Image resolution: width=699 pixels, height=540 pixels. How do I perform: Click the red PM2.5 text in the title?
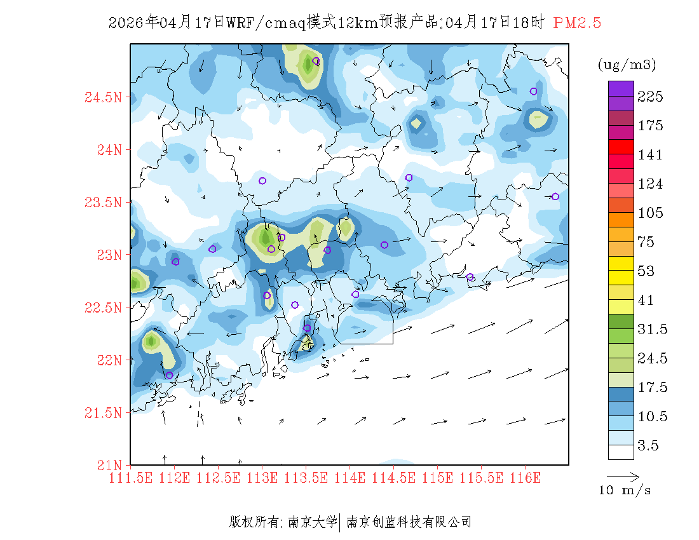(577, 24)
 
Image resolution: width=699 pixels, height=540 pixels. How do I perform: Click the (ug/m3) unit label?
(627, 65)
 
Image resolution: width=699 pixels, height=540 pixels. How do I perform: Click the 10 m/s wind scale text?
(625, 490)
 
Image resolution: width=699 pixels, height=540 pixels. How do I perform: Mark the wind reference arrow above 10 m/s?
(623, 476)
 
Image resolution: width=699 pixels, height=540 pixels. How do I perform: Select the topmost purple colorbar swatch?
(621, 88)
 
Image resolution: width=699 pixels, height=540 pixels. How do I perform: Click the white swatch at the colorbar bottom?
(621, 452)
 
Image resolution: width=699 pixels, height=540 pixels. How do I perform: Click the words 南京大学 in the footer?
(313, 522)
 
